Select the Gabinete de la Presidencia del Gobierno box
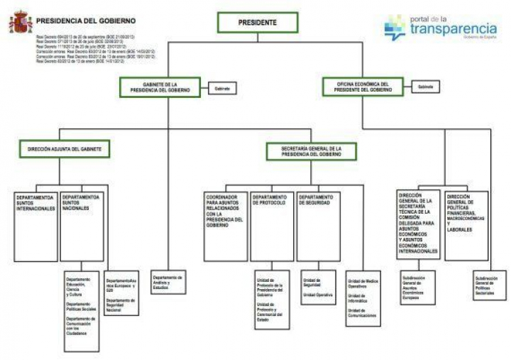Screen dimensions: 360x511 pyautogui.click(x=163, y=87)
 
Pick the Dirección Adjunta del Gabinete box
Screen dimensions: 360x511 pyautogui.click(x=65, y=150)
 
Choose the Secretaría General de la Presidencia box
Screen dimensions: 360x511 pyautogui.click(x=312, y=151)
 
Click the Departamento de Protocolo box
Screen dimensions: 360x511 pyautogui.click(x=271, y=225)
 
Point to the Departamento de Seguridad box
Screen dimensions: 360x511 pyautogui.click(x=317, y=225)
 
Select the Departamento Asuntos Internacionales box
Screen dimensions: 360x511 pyautogui.click(x=35, y=225)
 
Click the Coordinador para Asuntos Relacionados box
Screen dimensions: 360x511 pyautogui.click(x=225, y=225)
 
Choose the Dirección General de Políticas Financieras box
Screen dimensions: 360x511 pyautogui.click(x=466, y=225)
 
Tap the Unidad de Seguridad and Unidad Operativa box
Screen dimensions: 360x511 pyautogui.click(x=318, y=287)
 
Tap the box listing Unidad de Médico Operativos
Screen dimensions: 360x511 pyautogui.click(x=364, y=297)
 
